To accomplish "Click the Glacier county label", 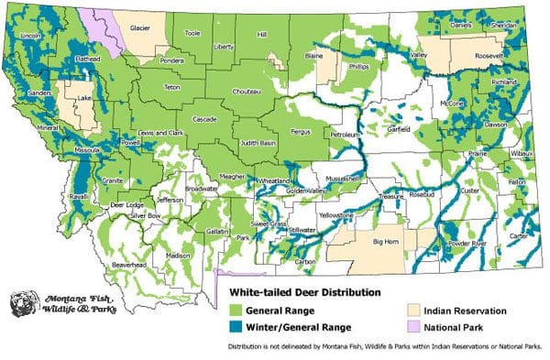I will point(139,28).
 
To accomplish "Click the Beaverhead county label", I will point(129,264).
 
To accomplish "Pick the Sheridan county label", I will point(505,27).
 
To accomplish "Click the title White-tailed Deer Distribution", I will point(291,293).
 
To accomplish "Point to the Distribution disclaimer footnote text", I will point(384,347).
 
